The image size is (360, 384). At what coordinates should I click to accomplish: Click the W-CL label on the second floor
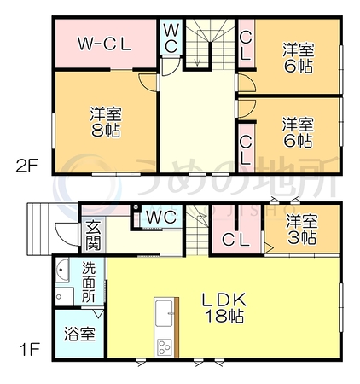[105, 44]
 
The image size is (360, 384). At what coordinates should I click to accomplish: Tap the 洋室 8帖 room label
[106, 122]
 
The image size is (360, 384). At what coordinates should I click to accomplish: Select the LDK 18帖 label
[224, 307]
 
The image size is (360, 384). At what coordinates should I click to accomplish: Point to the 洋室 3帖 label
[302, 230]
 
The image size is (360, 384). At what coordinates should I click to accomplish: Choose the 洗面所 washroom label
[89, 282]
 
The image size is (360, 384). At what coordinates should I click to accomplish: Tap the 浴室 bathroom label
[79, 334]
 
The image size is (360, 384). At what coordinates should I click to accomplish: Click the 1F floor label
[29, 349]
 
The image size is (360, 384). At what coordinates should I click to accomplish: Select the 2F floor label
[27, 166]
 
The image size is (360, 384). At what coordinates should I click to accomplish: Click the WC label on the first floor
[161, 218]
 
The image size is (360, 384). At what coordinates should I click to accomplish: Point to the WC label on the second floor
[171, 38]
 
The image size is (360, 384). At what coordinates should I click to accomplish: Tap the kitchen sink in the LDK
[164, 313]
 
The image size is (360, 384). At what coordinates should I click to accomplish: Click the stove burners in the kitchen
[165, 347]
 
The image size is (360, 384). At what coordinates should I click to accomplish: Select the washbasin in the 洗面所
[61, 271]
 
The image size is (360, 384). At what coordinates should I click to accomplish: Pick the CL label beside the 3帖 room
[236, 241]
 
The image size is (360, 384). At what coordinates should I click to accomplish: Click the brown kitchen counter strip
[177, 328]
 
